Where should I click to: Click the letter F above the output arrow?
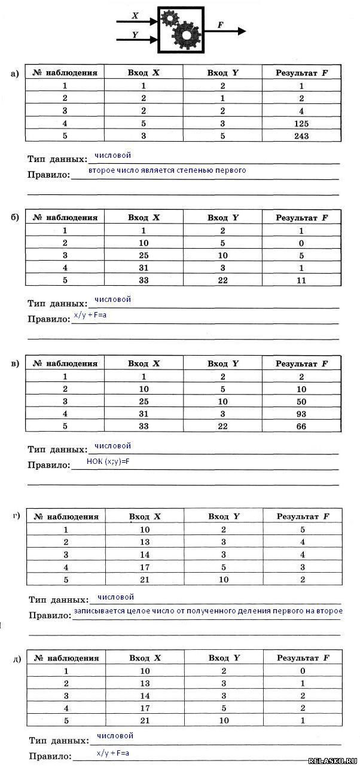(x=221, y=25)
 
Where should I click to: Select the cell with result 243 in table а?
(x=301, y=136)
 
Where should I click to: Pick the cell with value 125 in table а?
(x=301, y=123)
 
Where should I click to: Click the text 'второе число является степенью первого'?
(x=167, y=170)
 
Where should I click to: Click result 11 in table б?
(x=301, y=280)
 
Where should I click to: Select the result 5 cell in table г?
(x=303, y=529)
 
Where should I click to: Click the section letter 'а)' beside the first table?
(x=16, y=74)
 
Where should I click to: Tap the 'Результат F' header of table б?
(x=301, y=218)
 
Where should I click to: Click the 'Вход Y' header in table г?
(x=224, y=517)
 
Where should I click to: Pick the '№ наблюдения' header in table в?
(x=65, y=363)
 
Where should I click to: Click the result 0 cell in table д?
(x=303, y=671)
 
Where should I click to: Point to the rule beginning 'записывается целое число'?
(x=208, y=611)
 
